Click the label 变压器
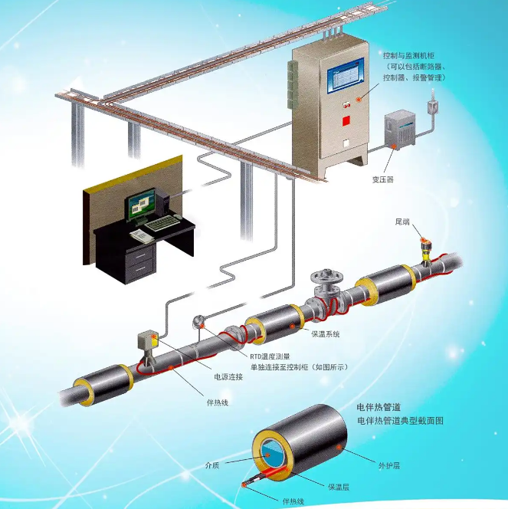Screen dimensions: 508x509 pyautogui.click(x=383, y=179)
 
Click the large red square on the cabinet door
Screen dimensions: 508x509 pyautogui.click(x=346, y=121)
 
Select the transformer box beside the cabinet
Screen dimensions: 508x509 pyautogui.click(x=400, y=130)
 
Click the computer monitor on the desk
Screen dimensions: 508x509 pyautogui.click(x=141, y=204)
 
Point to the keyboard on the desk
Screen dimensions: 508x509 pyautogui.click(x=162, y=223)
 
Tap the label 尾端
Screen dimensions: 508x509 pyautogui.click(x=402, y=222)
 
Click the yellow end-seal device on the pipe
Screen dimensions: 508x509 pyautogui.click(x=425, y=250)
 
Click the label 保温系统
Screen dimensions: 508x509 pyautogui.click(x=326, y=333)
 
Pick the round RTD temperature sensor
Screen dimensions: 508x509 pyautogui.click(x=198, y=321)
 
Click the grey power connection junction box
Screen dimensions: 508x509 pyautogui.click(x=148, y=340)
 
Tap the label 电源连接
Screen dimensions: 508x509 pyautogui.click(x=228, y=377)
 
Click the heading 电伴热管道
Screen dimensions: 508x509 pyautogui.click(x=379, y=407)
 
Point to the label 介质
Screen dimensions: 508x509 pyautogui.click(x=212, y=465)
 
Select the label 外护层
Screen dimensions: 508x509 pyautogui.click(x=389, y=466)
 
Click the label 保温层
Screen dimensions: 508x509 pyautogui.click(x=338, y=487)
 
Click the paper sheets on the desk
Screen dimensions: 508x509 pyautogui.click(x=142, y=235)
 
